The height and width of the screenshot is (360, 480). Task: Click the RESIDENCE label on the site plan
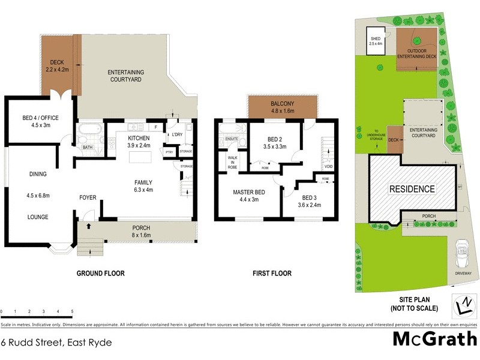pos(413,189)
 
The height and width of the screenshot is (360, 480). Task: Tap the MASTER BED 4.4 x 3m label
pos(246,196)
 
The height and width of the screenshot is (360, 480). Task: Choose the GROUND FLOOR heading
pos(100,274)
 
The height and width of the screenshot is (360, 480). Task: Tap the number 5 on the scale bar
pos(73,312)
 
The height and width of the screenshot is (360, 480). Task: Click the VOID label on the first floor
pos(328,166)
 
